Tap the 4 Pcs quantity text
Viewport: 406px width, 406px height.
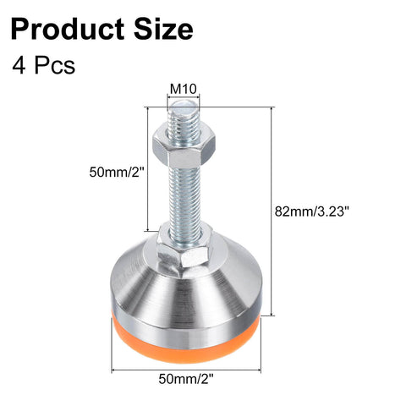click(x=44, y=65)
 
